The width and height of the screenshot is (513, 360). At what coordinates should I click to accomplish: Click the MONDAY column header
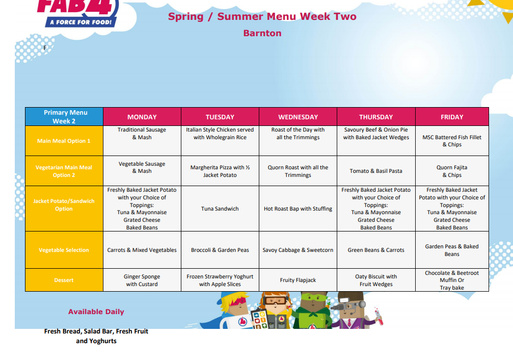(142, 117)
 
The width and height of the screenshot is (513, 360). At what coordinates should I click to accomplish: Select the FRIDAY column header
(452, 117)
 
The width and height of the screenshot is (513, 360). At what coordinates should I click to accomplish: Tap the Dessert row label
(64, 280)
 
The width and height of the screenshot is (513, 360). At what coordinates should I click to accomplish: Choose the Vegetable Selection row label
(64, 250)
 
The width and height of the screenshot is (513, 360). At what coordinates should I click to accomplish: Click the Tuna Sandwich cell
(220, 209)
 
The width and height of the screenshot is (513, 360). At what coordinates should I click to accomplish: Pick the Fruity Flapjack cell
(298, 280)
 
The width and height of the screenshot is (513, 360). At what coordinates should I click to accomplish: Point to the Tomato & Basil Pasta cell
(376, 171)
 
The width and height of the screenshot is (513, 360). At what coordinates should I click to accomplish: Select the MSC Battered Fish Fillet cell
(452, 141)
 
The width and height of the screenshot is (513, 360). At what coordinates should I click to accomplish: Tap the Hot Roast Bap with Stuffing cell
(298, 209)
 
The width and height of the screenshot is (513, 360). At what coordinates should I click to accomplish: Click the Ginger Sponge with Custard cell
(142, 280)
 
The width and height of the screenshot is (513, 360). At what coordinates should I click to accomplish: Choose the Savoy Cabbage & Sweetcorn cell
(298, 250)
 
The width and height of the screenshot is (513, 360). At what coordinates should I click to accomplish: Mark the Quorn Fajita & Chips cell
(452, 171)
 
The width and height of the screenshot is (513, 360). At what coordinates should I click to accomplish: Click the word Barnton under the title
(262, 33)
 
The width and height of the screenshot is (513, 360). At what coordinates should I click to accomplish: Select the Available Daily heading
(96, 312)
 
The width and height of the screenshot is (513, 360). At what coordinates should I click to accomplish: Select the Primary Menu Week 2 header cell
(64, 117)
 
